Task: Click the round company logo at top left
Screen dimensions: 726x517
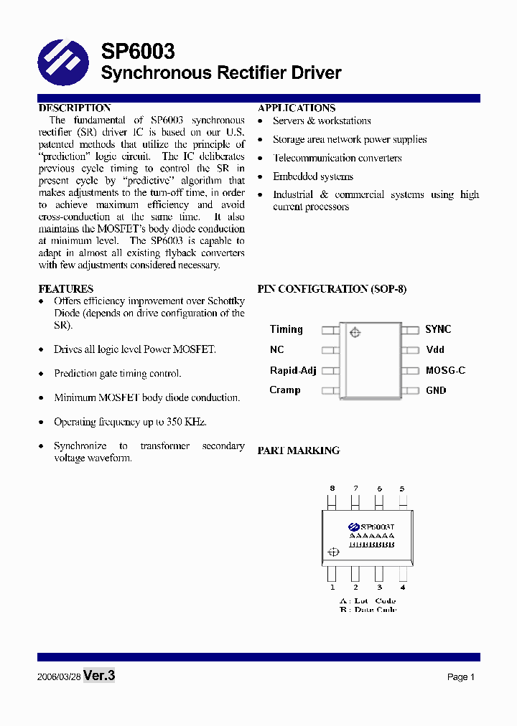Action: (x=63, y=62)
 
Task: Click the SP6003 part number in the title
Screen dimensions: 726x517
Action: (x=137, y=51)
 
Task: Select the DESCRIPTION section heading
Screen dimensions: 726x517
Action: (x=74, y=108)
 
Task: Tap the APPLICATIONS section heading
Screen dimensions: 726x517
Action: (x=297, y=108)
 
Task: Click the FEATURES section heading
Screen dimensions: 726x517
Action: (x=65, y=289)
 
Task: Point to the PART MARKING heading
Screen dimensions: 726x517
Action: (x=299, y=451)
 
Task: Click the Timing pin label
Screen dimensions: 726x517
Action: (x=287, y=329)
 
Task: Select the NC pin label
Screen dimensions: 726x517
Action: (x=277, y=349)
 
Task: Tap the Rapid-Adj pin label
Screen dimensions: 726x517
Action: (x=293, y=370)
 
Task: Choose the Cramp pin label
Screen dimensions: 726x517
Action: (x=285, y=390)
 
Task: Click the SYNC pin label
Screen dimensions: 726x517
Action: (x=438, y=329)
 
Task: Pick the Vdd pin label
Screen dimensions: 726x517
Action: (x=435, y=349)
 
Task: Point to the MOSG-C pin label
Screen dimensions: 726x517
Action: (x=445, y=370)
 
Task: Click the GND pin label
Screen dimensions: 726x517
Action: (x=436, y=390)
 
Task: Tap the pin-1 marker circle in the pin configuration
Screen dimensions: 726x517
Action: (x=354, y=332)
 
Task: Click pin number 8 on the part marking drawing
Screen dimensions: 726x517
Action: (x=332, y=489)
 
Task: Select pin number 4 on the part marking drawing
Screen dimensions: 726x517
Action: (x=402, y=588)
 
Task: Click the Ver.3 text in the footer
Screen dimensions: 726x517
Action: (x=99, y=675)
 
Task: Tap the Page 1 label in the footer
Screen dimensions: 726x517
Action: (x=461, y=676)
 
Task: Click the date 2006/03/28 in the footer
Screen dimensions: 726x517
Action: (x=59, y=676)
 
